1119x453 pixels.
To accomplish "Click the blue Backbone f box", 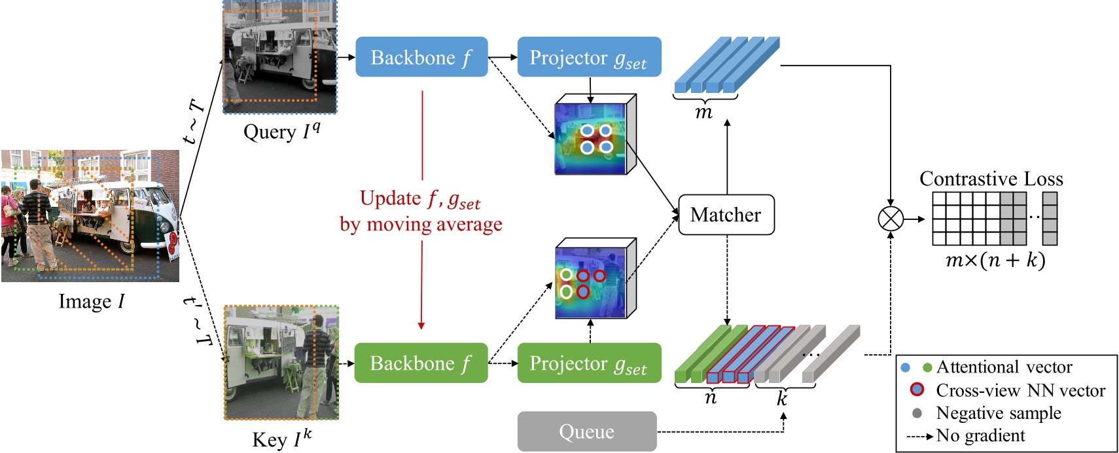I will pyautogui.click(x=421, y=57).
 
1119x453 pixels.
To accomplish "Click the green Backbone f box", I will pyautogui.click(x=421, y=363).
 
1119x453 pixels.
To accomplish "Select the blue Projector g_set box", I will pyautogui.click(x=589, y=57).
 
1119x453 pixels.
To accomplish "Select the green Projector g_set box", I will pyautogui.click(x=589, y=363).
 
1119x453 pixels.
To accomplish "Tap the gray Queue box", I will pyautogui.click(x=586, y=431).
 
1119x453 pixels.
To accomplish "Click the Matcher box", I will pyautogui.click(x=726, y=215).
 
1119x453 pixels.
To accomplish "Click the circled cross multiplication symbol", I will pyautogui.click(x=890, y=219).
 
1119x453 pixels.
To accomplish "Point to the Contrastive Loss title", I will pyautogui.click(x=991, y=179).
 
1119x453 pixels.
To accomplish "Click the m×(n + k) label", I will pyautogui.click(x=995, y=260).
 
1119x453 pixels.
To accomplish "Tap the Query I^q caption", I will pyautogui.click(x=281, y=132).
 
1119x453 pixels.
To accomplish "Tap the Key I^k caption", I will pyautogui.click(x=281, y=439).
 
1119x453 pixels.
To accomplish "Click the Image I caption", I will pyautogui.click(x=91, y=301).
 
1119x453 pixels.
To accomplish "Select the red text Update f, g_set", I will pyautogui.click(x=420, y=199).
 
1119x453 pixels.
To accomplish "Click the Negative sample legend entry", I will pyautogui.click(x=998, y=413).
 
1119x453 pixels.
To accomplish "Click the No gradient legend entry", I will pyautogui.click(x=980, y=436).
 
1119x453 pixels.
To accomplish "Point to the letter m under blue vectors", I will pyautogui.click(x=704, y=113).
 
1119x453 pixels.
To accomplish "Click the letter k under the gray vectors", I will pyautogui.click(x=782, y=399).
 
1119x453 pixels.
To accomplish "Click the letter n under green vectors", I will pyautogui.click(x=711, y=398).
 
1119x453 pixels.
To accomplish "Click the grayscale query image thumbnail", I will pyautogui.click(x=279, y=57).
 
